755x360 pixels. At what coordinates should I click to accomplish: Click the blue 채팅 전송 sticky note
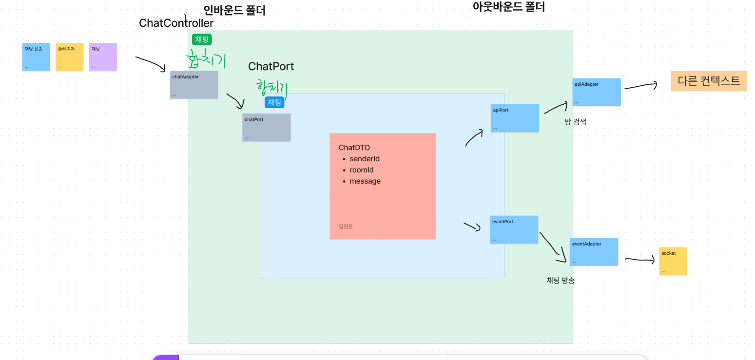(x=36, y=57)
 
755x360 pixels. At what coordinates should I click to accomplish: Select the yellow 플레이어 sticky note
(x=70, y=57)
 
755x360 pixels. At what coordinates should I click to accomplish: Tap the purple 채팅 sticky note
(x=103, y=57)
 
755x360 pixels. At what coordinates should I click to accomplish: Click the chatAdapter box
(x=194, y=85)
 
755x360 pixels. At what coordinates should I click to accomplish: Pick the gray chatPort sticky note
(x=266, y=128)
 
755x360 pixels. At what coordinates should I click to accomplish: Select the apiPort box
(x=515, y=118)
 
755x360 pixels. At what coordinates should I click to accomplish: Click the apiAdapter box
(x=597, y=92)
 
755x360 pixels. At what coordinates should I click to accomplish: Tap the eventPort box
(x=514, y=229)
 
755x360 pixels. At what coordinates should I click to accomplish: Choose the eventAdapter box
(x=594, y=252)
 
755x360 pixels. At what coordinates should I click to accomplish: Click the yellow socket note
(x=673, y=261)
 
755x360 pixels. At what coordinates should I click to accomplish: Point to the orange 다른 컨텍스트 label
(x=709, y=81)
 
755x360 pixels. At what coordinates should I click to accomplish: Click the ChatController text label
(x=176, y=23)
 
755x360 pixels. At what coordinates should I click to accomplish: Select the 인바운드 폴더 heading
(x=234, y=10)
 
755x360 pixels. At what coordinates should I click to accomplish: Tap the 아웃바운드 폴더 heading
(x=508, y=7)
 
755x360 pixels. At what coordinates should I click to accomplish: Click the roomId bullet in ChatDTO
(x=362, y=170)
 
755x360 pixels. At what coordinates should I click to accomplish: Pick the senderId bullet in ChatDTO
(x=365, y=159)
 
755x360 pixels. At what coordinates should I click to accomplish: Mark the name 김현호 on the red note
(x=346, y=227)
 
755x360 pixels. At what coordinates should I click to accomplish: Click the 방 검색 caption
(x=575, y=122)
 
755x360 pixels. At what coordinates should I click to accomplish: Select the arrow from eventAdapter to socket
(x=639, y=260)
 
